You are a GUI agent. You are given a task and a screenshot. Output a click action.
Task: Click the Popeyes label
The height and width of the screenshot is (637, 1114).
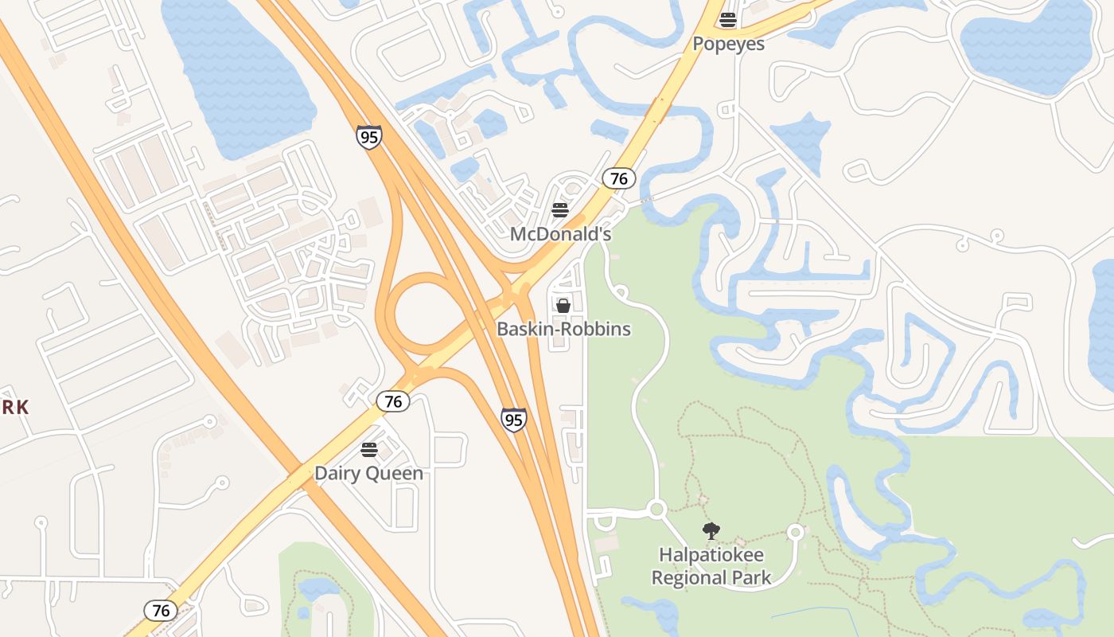point(728,44)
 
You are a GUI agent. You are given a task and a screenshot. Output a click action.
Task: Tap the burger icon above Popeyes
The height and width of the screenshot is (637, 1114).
point(728,19)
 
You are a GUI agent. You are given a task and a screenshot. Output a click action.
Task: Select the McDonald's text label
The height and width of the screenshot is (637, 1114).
point(560,234)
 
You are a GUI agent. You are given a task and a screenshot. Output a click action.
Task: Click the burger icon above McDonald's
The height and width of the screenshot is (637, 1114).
point(560,210)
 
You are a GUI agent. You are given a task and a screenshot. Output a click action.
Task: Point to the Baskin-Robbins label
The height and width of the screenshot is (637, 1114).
point(563,329)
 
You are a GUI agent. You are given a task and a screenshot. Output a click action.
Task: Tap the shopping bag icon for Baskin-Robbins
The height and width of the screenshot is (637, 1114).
point(563,305)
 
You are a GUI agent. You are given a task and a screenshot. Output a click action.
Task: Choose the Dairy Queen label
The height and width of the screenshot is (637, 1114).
point(368,473)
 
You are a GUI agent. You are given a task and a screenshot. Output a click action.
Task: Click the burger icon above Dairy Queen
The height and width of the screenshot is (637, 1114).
point(368,450)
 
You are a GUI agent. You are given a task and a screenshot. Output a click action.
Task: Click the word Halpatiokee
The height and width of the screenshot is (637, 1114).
point(711,554)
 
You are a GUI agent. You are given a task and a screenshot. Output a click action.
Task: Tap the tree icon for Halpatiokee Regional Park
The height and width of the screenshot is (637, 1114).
point(711,531)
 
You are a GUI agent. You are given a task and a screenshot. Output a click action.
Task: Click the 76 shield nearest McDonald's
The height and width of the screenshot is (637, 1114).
point(618,178)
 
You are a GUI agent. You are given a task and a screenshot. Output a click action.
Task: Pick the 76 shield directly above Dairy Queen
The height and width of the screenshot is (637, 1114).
point(393,401)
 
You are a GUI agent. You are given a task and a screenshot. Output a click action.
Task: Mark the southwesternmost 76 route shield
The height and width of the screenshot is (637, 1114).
point(161,611)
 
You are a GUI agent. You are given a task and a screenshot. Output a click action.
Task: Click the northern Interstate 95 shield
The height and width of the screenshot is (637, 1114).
point(369,137)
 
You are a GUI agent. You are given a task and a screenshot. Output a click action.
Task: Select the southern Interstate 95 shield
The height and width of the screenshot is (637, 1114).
point(514,419)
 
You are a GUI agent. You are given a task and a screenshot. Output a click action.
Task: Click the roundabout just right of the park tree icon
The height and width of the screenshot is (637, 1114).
point(795,532)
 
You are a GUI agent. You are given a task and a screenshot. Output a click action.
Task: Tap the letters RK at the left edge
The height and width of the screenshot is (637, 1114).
point(14,408)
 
